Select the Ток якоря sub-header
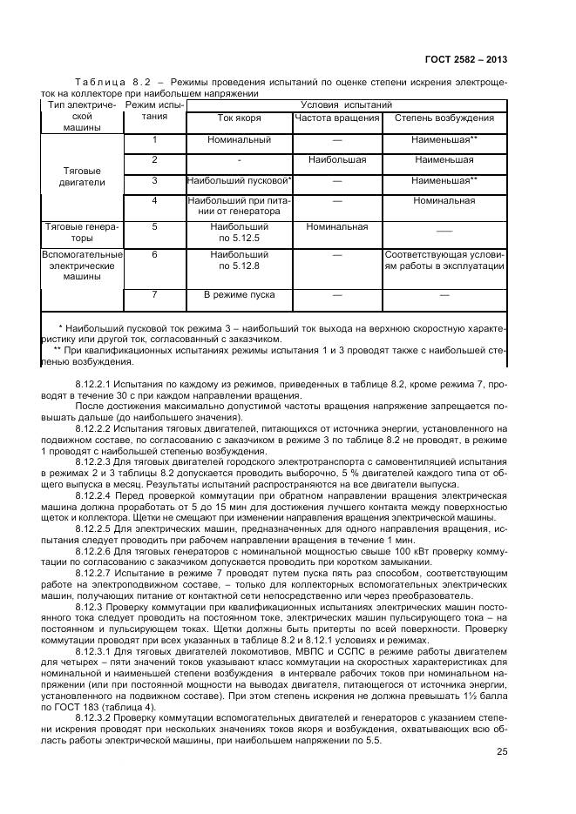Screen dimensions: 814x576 point(239,118)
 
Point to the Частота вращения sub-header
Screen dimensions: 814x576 point(336,118)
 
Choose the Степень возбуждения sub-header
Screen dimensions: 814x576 point(444,118)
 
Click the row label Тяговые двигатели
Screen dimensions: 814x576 point(85,177)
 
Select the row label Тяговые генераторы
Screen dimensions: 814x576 point(83,232)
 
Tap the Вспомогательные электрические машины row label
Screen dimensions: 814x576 point(83,265)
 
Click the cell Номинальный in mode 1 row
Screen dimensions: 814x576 point(239,139)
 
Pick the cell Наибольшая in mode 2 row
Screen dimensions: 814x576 point(336,160)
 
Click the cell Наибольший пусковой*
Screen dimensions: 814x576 point(239,181)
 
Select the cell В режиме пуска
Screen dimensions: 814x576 point(239,295)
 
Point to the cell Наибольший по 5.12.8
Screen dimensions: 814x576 point(239,259)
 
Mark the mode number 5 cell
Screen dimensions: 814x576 point(154,226)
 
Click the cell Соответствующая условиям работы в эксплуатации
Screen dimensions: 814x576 point(444,259)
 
